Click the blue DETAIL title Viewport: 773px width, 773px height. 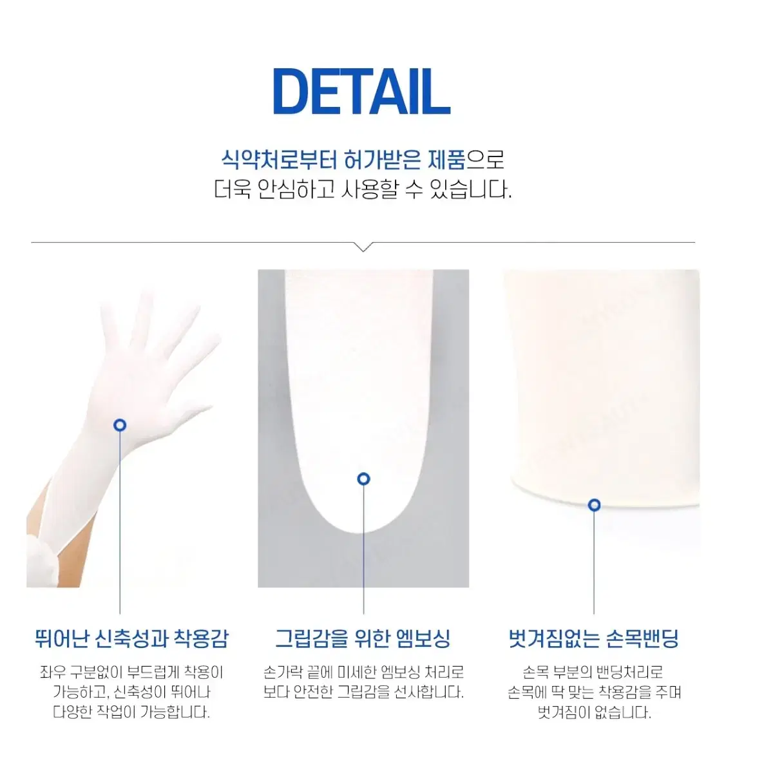click(361, 91)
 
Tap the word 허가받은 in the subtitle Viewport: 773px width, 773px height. click(383, 160)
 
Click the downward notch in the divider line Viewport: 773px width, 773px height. click(363, 247)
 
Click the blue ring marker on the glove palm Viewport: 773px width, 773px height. click(120, 425)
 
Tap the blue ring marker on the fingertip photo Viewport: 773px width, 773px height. click(363, 479)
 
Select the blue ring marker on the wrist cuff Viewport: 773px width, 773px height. click(594, 504)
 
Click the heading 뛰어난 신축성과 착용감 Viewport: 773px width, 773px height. click(131, 638)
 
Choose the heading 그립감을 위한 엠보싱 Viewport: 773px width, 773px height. click(363, 638)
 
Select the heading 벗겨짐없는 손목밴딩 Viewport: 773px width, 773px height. click(594, 638)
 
